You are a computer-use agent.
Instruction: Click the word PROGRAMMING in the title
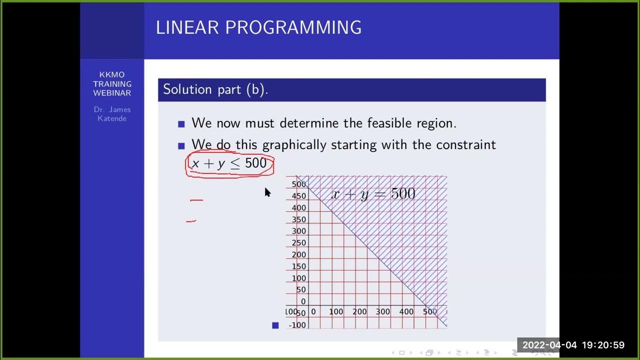point(293,27)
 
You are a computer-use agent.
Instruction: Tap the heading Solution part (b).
point(215,89)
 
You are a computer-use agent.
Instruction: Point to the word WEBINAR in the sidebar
point(112,93)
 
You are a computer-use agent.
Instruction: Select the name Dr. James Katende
point(112,114)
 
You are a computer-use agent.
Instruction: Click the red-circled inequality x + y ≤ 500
point(229,163)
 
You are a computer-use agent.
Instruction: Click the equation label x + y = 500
point(373,194)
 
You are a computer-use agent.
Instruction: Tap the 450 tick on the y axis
point(298,196)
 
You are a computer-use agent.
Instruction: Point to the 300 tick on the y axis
point(298,231)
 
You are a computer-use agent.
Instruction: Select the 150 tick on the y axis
point(298,266)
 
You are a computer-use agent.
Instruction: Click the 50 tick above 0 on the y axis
point(300,290)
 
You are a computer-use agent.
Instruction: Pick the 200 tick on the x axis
point(359,311)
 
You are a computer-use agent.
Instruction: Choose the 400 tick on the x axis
point(406,311)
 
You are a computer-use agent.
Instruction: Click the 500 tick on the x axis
point(430,311)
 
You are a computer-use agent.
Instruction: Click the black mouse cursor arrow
point(267,192)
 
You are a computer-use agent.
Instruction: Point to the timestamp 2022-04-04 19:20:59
point(573,345)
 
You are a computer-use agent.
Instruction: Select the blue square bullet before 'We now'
point(181,124)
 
